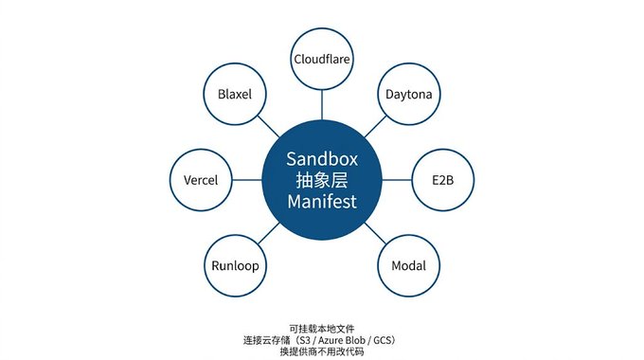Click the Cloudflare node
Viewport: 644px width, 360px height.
pos(322,59)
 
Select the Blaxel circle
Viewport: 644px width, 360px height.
pos(235,94)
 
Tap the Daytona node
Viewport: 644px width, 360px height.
pos(409,94)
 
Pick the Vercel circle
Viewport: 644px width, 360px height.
pos(201,180)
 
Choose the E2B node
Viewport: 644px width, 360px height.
pos(443,180)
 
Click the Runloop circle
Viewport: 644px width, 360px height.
pos(235,265)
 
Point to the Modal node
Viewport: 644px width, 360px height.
pos(409,265)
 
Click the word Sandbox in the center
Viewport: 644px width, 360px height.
pos(322,159)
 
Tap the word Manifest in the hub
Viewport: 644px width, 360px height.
pos(322,202)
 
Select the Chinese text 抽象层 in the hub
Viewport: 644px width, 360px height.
pos(322,180)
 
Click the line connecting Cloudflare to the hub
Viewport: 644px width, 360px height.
pos(322,105)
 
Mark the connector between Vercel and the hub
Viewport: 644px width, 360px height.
pos(247,180)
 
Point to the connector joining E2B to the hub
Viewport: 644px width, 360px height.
pos(397,180)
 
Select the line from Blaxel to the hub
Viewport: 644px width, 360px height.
pos(269,127)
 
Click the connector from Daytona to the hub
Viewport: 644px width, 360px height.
pos(375,127)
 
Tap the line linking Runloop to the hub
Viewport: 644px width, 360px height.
pos(269,233)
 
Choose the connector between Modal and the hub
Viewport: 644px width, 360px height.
pos(375,233)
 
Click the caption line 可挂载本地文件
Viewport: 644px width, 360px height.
pos(322,329)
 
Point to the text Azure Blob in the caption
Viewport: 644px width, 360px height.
pos(342,340)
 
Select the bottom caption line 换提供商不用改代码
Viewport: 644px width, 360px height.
pos(322,351)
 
